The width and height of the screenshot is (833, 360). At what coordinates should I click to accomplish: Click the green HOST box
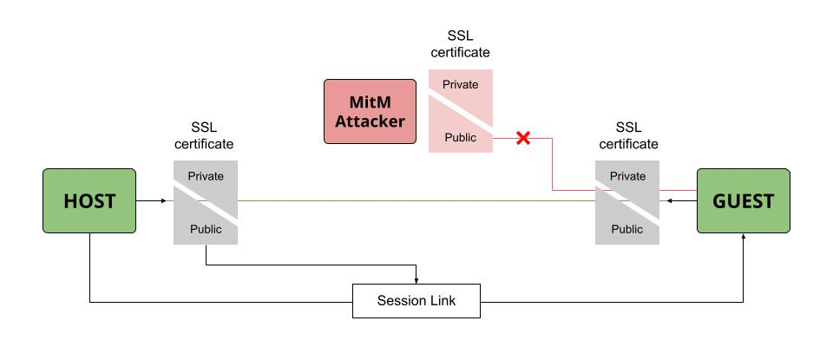[89, 200]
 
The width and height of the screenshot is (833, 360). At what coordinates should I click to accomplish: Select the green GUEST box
[744, 200]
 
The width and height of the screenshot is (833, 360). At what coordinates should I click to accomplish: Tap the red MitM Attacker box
[371, 111]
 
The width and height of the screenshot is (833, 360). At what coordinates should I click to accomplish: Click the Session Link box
[416, 301]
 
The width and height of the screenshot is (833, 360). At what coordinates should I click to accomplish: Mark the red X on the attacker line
[523, 137]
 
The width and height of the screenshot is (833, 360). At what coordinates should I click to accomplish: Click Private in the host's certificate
[206, 176]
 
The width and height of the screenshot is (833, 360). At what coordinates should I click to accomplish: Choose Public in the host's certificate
[206, 229]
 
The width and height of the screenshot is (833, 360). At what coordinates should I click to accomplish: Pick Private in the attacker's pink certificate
[461, 84]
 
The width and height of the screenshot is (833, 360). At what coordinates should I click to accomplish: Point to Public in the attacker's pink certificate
[461, 137]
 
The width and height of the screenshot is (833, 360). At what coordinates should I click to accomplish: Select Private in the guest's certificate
[627, 176]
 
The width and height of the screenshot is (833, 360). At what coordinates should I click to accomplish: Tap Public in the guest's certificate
[627, 229]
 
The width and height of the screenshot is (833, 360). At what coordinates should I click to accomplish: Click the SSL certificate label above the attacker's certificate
[461, 43]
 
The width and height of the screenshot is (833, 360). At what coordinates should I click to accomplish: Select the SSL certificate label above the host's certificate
[204, 135]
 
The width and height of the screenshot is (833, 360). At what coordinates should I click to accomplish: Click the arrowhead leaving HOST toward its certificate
[162, 200]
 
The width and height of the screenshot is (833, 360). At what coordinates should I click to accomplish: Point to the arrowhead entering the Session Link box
[417, 280]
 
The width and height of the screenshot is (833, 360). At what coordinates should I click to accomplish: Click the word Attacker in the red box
[371, 121]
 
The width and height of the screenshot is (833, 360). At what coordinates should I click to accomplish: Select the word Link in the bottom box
[443, 301]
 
